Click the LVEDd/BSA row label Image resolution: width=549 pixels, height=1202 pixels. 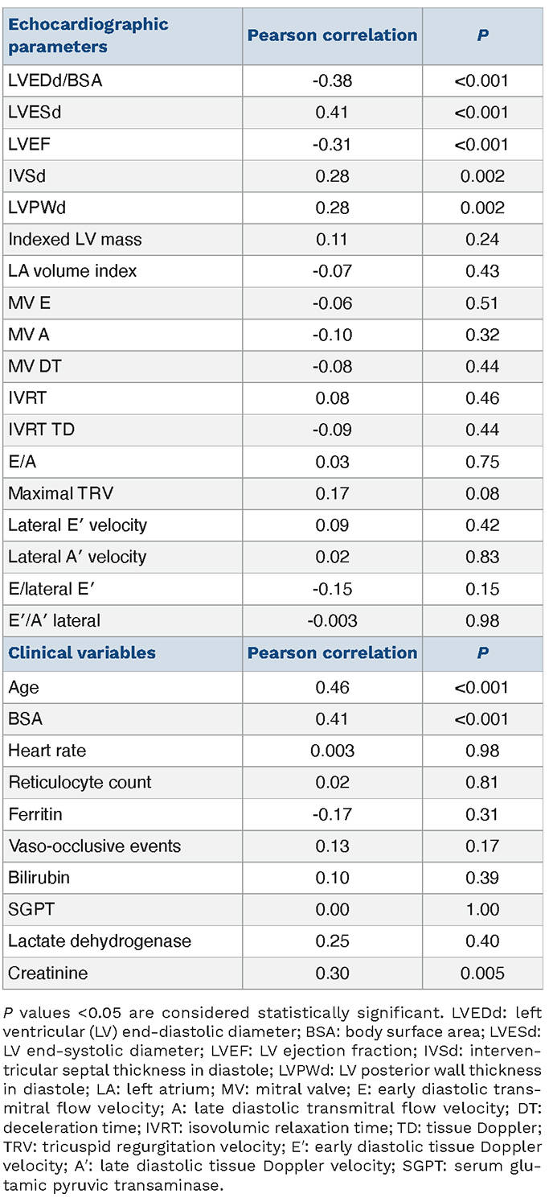click(x=55, y=80)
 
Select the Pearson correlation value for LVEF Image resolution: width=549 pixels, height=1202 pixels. click(x=332, y=144)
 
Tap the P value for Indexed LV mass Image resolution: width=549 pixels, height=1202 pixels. click(x=482, y=239)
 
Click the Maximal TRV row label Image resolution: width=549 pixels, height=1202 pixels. click(x=60, y=493)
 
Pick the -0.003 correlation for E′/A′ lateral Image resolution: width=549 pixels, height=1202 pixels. click(x=332, y=621)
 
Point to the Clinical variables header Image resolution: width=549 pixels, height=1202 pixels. click(x=81, y=652)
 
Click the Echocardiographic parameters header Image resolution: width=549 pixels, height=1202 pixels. click(x=88, y=35)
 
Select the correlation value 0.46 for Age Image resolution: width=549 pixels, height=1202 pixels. click(x=332, y=687)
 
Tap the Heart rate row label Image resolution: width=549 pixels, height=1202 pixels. click(x=47, y=751)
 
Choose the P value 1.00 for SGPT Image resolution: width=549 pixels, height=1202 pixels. click(x=482, y=910)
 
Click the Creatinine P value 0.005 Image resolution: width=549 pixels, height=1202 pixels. click(x=482, y=974)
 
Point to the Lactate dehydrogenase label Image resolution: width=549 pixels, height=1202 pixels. click(x=100, y=941)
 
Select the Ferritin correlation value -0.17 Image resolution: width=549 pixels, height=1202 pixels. click(x=332, y=814)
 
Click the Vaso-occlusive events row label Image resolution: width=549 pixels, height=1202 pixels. click(x=95, y=846)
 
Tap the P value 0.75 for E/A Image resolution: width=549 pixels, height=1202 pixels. click(x=482, y=462)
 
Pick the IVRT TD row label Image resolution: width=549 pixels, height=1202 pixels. click(x=41, y=430)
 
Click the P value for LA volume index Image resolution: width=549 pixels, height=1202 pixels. click(x=482, y=271)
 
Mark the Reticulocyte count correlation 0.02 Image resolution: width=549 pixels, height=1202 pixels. click(x=332, y=782)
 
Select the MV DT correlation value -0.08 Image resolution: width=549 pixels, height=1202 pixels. click(x=332, y=367)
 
